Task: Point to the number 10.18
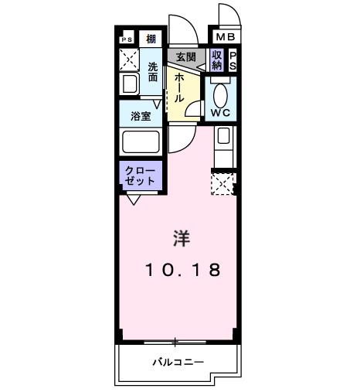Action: tap(184, 271)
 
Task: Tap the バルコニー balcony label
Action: tap(177, 361)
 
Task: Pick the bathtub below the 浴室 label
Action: tap(140, 141)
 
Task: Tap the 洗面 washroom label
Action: tap(153, 72)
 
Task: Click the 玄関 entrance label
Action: tap(185, 57)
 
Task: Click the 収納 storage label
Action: tap(217, 60)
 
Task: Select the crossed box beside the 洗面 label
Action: tap(127, 60)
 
